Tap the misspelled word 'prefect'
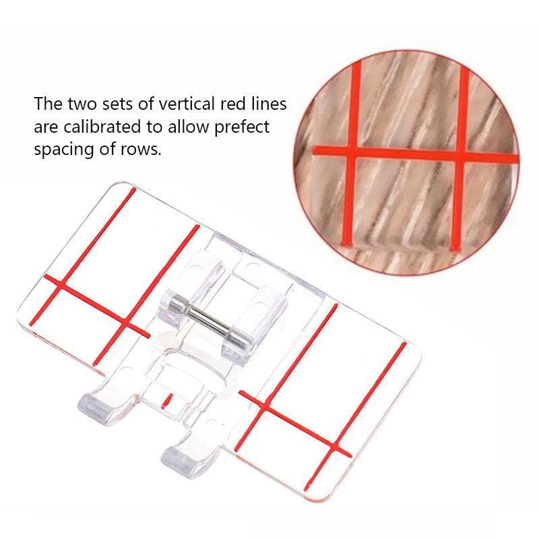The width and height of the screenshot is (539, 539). pyautogui.click(x=242, y=128)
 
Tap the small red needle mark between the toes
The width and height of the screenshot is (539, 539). pyautogui.click(x=167, y=400)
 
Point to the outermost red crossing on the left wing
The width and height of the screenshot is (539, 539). pyautogui.click(x=63, y=284)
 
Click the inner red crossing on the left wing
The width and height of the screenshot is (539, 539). pyautogui.click(x=126, y=323)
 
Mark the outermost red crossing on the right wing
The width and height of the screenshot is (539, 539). pyautogui.click(x=335, y=446)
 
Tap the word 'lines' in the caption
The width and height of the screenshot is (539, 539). pyautogui.click(x=269, y=104)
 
